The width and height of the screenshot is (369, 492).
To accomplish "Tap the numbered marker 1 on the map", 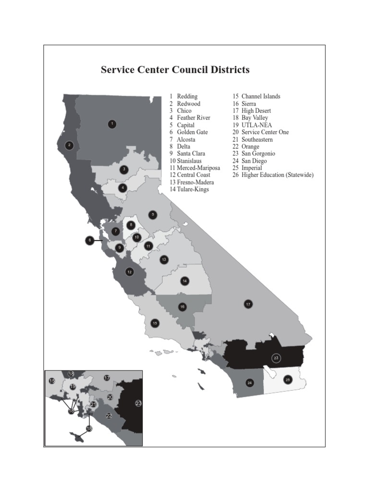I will pyautogui.click(x=111, y=124).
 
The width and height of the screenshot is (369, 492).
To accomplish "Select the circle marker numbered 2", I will pyautogui.click(x=69, y=145).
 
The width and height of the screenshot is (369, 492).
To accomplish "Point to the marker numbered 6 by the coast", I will pyautogui.click(x=89, y=240).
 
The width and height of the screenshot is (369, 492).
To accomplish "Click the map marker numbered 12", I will pyautogui.click(x=129, y=272).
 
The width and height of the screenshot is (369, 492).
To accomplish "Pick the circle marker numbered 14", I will pyautogui.click(x=184, y=281).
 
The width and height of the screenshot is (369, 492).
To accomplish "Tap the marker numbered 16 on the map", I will pyautogui.click(x=182, y=307).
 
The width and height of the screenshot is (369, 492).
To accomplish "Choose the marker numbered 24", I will pyautogui.click(x=249, y=383).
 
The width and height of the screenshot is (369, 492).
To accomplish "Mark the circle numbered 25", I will pyautogui.click(x=288, y=380).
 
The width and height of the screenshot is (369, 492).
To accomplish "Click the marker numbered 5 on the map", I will pyautogui.click(x=153, y=215).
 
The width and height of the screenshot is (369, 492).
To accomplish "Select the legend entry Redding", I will pyautogui.click(x=187, y=97).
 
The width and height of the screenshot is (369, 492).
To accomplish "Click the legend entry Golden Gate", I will pyautogui.click(x=192, y=132).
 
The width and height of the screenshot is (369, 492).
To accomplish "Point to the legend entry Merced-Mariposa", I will pyautogui.click(x=198, y=168).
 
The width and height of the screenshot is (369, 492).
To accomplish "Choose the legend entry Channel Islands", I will pyautogui.click(x=260, y=97).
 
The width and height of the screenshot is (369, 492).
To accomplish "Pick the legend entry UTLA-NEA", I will pyautogui.click(x=256, y=125).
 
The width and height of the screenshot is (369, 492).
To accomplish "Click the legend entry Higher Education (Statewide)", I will pyautogui.click(x=277, y=175).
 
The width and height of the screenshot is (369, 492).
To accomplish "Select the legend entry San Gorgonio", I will pyautogui.click(x=258, y=154).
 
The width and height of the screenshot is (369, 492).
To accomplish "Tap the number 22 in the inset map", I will pyautogui.click(x=109, y=416).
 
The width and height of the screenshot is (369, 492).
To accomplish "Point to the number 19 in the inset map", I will pyautogui.click(x=73, y=386).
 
